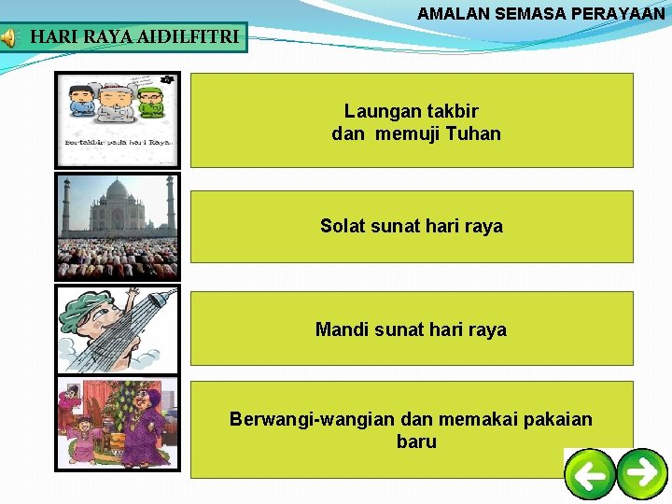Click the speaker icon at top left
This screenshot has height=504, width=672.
[x=7, y=38]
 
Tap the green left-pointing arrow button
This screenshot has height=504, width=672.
[x=591, y=475]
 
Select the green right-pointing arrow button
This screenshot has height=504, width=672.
[x=643, y=472]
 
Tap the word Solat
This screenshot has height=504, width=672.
[x=344, y=226]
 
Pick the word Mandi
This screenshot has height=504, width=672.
[x=342, y=329]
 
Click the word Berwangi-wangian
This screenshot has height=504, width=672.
[x=303, y=419]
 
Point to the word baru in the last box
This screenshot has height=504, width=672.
[x=416, y=441]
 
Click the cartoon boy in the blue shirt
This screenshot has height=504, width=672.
[x=81, y=103]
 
